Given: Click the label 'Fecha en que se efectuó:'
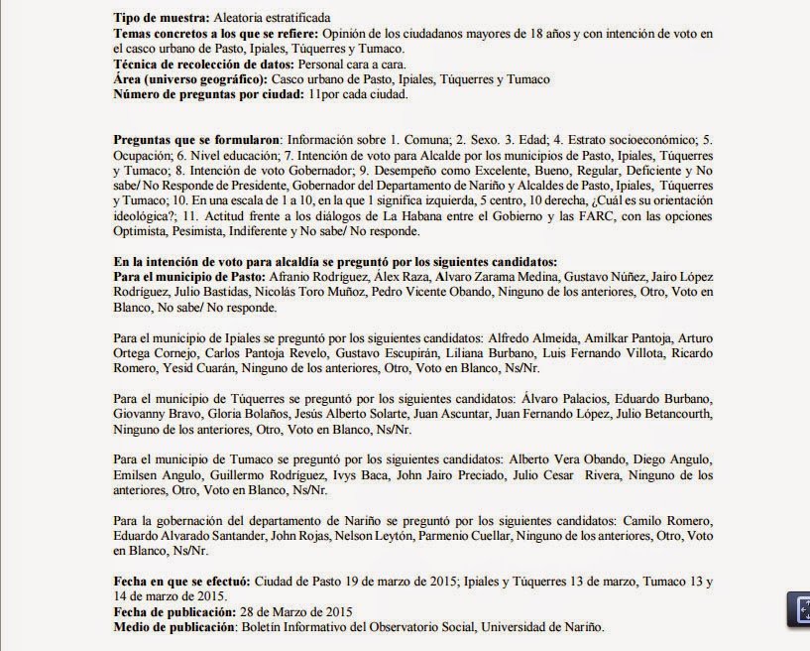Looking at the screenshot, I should (x=183, y=581).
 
